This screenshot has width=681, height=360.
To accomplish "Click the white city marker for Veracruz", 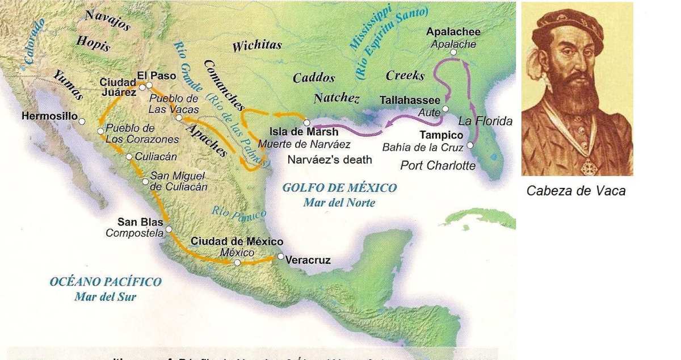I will [x=280, y=257].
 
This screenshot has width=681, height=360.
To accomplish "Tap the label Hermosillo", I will [x=49, y=116].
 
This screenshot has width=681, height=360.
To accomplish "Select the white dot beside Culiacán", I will [x=129, y=157].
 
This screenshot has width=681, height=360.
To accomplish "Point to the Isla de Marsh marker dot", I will [x=306, y=123].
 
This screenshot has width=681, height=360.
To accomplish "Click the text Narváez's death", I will [x=330, y=160].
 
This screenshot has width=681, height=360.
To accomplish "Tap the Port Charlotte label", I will [x=438, y=166].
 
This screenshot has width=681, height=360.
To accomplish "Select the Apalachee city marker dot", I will [x=453, y=52].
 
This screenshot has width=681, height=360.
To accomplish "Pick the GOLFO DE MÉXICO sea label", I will [x=339, y=188].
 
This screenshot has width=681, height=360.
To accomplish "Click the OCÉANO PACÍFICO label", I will [x=106, y=282].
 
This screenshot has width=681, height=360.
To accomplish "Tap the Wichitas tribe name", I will [x=257, y=47].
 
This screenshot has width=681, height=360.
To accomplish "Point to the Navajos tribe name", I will [x=107, y=20].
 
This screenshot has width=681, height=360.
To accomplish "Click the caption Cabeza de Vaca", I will [x=576, y=191].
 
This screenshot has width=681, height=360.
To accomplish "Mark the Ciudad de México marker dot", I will [x=237, y=263].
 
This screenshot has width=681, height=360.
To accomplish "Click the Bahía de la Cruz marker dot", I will [x=470, y=145].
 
